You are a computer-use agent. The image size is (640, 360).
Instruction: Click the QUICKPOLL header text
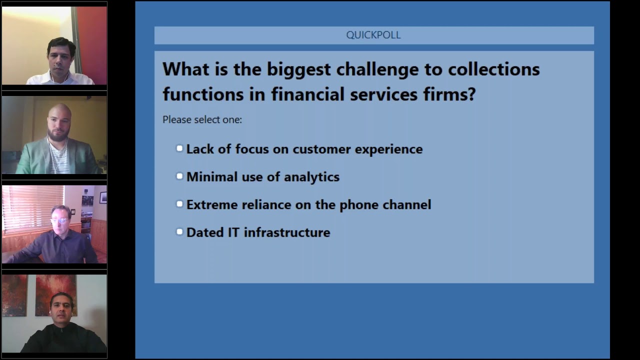(x=373, y=35)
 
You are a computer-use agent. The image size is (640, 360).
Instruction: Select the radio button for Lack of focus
(x=179, y=148)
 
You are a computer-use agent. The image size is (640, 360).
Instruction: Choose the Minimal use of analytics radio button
(x=179, y=176)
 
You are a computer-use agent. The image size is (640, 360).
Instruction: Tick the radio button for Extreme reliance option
(x=179, y=204)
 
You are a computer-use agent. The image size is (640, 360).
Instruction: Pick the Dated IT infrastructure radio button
(x=179, y=232)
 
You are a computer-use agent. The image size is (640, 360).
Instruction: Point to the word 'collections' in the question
(x=493, y=69)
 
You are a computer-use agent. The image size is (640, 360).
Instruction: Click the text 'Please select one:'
(x=202, y=120)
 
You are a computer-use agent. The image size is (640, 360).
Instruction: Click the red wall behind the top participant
(x=92, y=40)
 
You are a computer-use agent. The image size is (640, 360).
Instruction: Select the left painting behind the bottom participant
(x=14, y=295)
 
